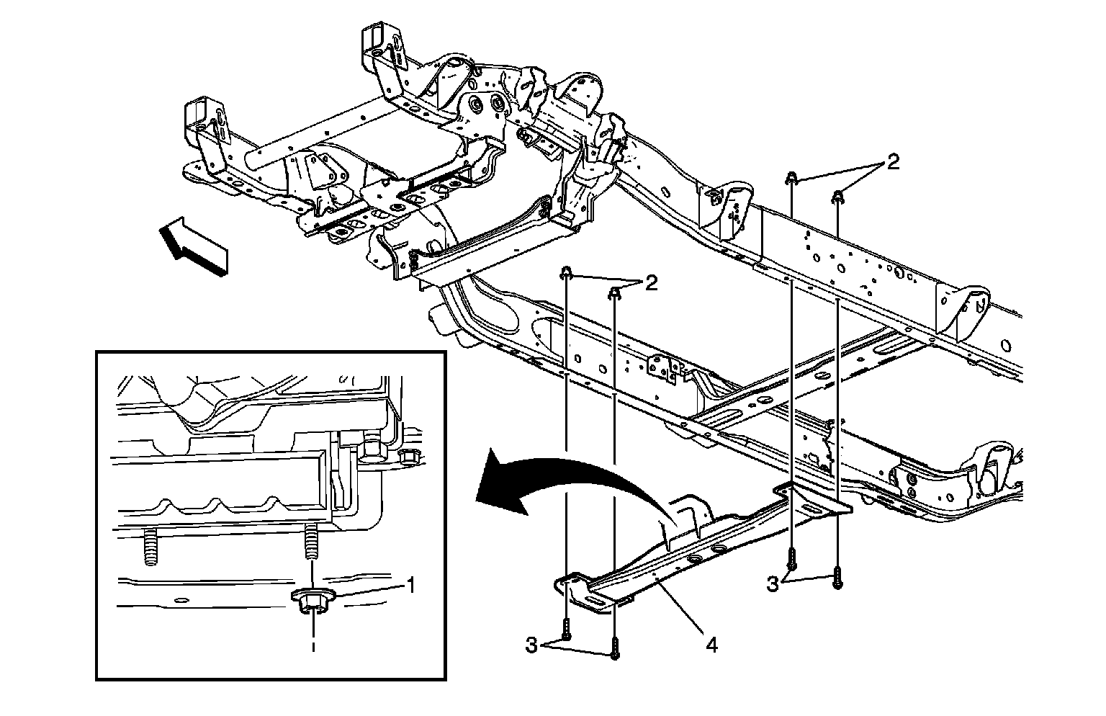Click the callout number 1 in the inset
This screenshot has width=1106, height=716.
(x=410, y=585)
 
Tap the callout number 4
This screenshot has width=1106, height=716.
(x=711, y=645)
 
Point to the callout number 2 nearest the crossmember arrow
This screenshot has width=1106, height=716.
(x=651, y=283)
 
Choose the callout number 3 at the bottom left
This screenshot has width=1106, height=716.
(x=531, y=646)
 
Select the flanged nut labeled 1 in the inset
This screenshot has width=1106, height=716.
(x=310, y=600)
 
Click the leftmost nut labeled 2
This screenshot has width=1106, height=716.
(x=567, y=273)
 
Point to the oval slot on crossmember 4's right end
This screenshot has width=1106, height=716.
(x=811, y=509)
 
